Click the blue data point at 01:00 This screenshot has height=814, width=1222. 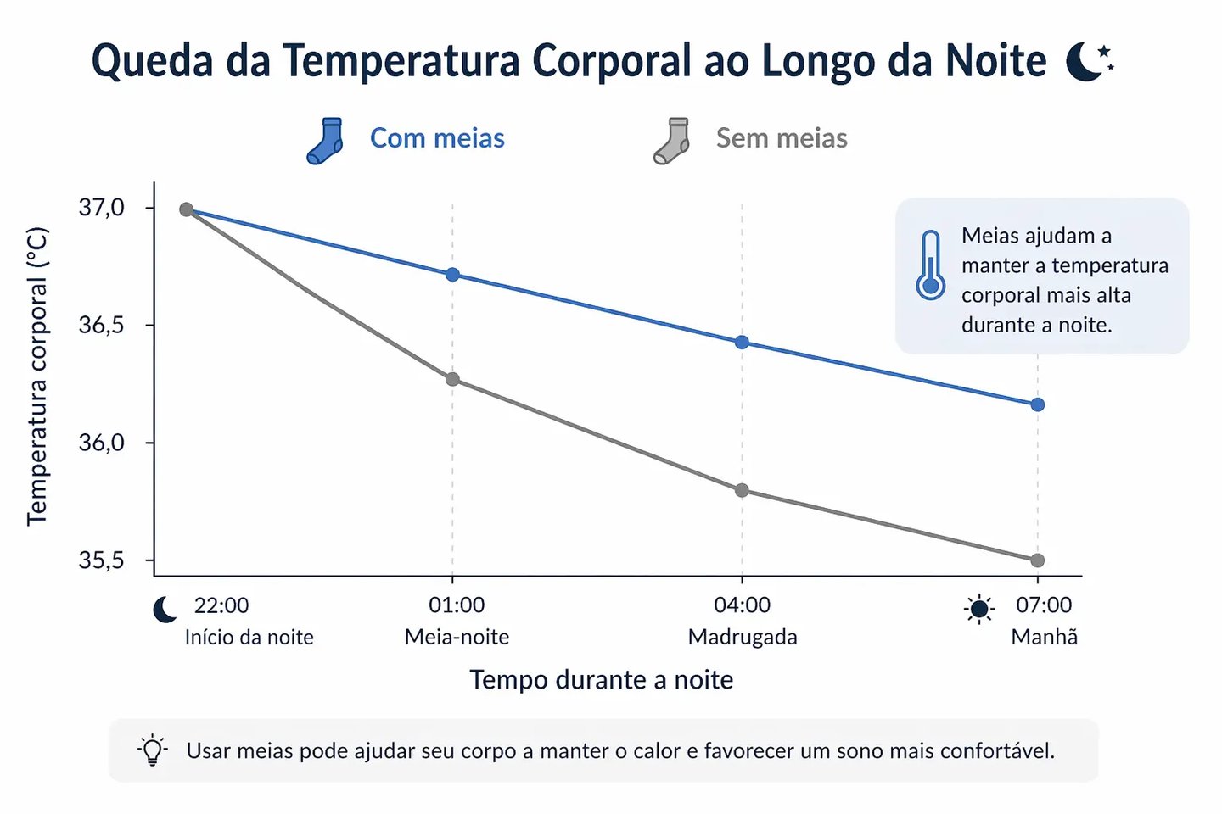[452, 275]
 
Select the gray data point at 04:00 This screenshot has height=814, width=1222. [742, 490]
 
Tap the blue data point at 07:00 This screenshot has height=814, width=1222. [1037, 404]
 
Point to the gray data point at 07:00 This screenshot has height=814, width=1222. [1037, 560]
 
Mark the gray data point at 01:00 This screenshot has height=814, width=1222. [452, 379]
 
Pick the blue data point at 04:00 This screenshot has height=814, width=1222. [742, 343]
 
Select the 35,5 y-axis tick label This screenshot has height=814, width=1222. [101, 560]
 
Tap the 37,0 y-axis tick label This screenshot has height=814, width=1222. [101, 208]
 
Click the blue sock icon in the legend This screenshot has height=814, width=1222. [326, 141]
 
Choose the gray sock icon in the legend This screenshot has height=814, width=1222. [672, 141]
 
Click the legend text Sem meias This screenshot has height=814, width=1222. [782, 138]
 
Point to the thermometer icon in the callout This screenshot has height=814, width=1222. [931, 265]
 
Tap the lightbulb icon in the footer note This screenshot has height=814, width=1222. [153, 750]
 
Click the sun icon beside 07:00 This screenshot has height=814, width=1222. [979, 609]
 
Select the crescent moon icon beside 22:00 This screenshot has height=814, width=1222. [165, 609]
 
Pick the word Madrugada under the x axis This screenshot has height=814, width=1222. [743, 637]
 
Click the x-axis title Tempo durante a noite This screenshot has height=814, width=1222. [602, 680]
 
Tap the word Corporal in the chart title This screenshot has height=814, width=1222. [612, 61]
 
